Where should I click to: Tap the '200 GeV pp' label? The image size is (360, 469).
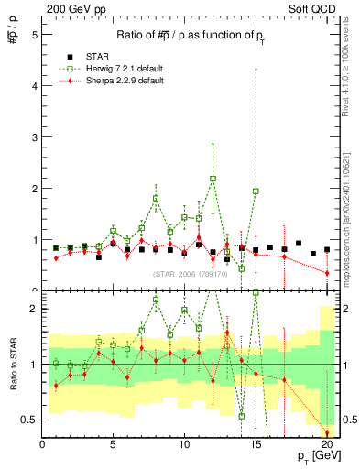pos(71,8)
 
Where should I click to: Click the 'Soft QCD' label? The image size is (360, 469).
pos(313,8)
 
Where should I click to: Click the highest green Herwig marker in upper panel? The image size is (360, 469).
pos(213,179)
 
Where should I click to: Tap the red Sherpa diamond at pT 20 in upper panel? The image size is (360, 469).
pos(326,273)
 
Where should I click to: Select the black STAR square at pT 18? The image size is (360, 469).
pos(299,244)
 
